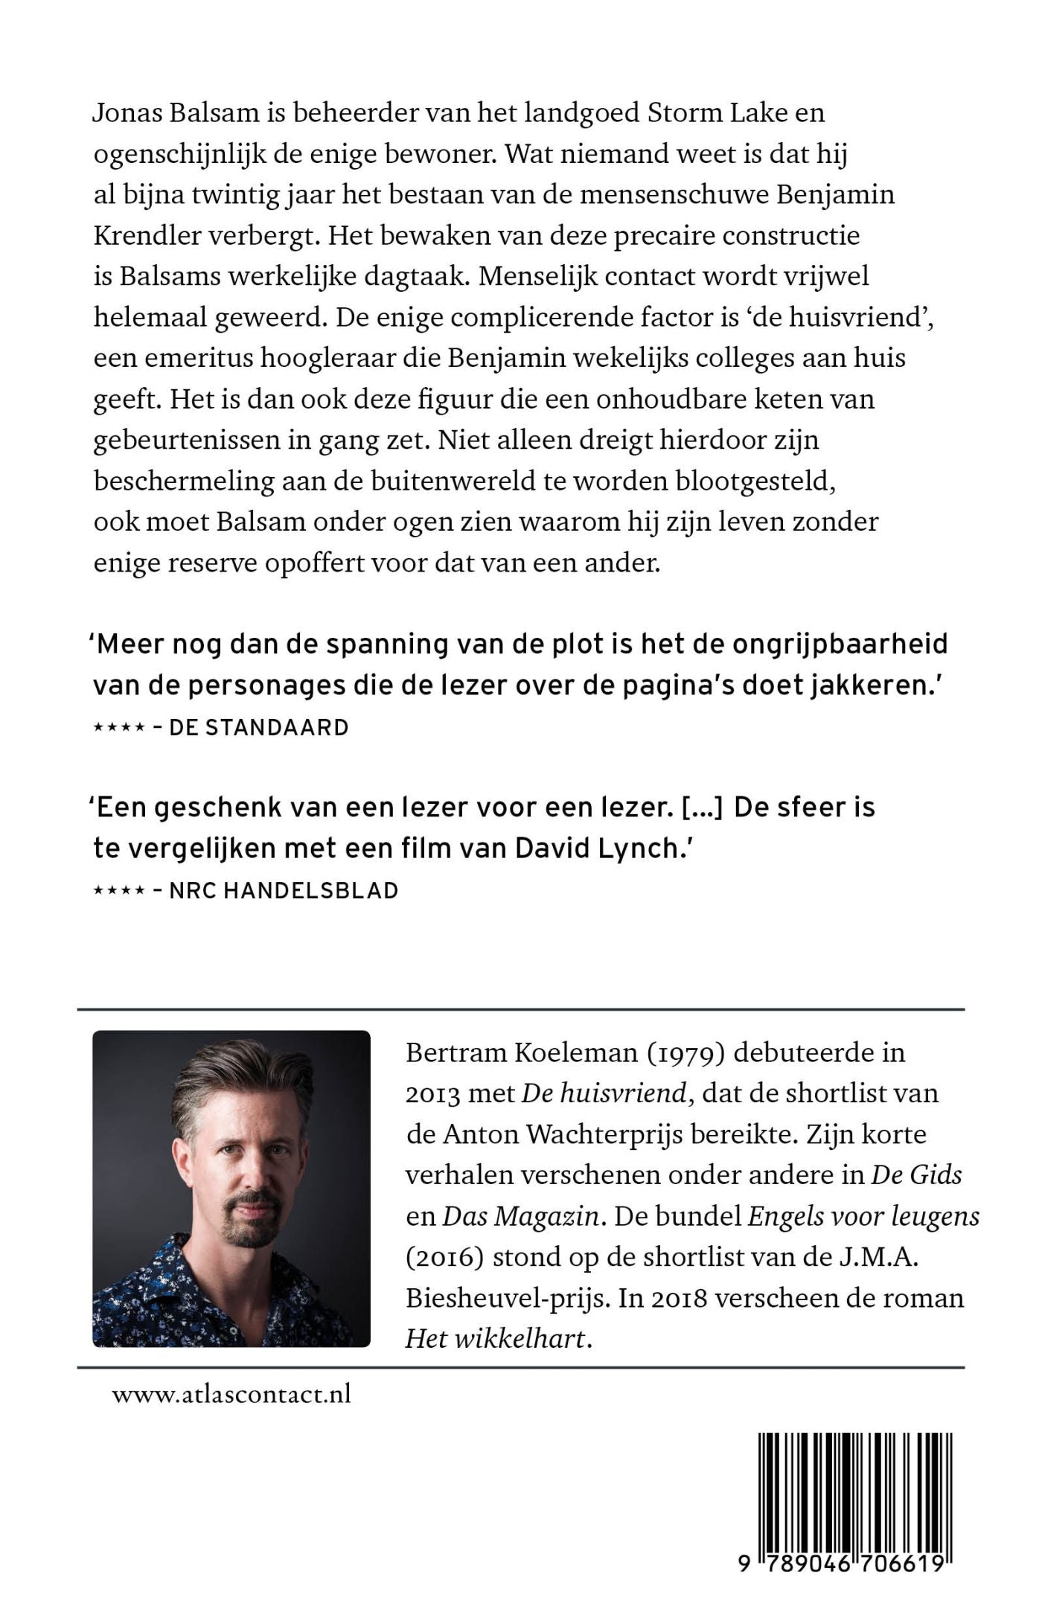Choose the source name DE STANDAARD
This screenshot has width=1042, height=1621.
tap(259, 727)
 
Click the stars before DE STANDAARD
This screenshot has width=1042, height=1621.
tap(118, 728)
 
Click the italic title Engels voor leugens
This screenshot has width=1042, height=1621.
tap(863, 1217)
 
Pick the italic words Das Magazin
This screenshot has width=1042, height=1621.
tap(520, 1217)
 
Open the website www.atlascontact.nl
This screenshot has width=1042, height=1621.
tap(231, 1394)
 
